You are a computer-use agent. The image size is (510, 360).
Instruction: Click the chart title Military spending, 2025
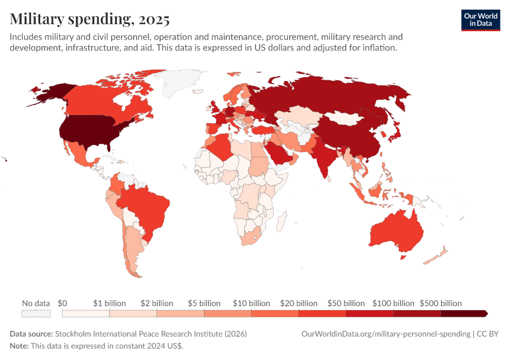(89, 19)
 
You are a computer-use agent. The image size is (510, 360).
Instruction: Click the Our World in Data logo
(480, 19)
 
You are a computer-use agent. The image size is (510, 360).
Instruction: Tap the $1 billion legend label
(109, 303)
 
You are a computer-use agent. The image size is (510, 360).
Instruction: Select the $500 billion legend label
(440, 303)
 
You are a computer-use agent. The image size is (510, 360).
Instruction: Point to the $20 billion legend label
(298, 303)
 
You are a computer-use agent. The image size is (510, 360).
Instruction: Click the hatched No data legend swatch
(36, 313)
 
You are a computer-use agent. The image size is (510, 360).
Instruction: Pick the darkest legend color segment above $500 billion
(463, 313)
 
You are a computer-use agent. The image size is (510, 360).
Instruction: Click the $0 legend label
(62, 303)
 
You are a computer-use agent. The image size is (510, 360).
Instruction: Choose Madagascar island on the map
(281, 223)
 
